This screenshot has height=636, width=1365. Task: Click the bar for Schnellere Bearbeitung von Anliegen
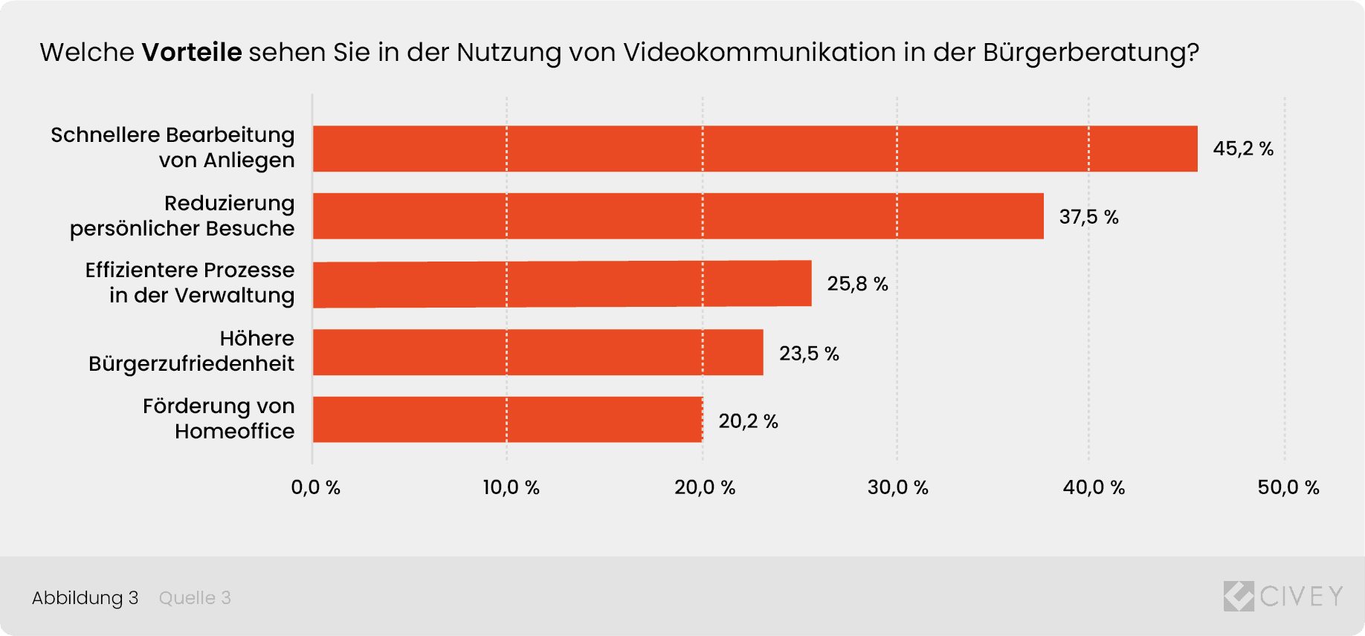[x=755, y=149]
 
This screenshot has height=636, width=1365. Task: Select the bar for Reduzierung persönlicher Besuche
[x=678, y=216]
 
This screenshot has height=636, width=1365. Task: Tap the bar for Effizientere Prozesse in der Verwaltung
[x=562, y=284]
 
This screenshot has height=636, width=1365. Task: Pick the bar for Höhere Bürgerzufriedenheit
[x=538, y=352]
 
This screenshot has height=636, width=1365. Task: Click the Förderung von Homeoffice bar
[x=507, y=420]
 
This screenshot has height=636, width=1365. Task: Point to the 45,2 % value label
[x=1243, y=149]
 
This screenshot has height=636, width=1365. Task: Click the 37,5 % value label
[x=1088, y=217]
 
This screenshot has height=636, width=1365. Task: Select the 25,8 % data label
[x=857, y=284]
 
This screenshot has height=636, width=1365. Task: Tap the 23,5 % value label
[x=809, y=354]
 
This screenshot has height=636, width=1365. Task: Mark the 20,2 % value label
[x=748, y=421]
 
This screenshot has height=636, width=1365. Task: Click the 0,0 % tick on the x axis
[x=315, y=487]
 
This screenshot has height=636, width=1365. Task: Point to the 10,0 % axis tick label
[x=511, y=487]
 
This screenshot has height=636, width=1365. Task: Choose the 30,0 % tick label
[x=897, y=487]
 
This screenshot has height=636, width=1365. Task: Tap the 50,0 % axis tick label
[x=1288, y=487]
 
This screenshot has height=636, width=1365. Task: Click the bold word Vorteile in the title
[x=192, y=52]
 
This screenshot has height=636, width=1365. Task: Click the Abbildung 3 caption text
[x=85, y=597]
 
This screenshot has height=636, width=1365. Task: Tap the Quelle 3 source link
[x=195, y=597]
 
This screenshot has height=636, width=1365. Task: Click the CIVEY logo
[x=1283, y=596]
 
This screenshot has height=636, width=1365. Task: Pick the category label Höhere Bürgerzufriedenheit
[x=192, y=351]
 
